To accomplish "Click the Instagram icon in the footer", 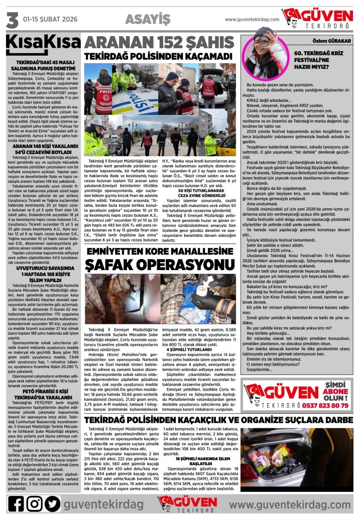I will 34,503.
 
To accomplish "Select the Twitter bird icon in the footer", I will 52,503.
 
